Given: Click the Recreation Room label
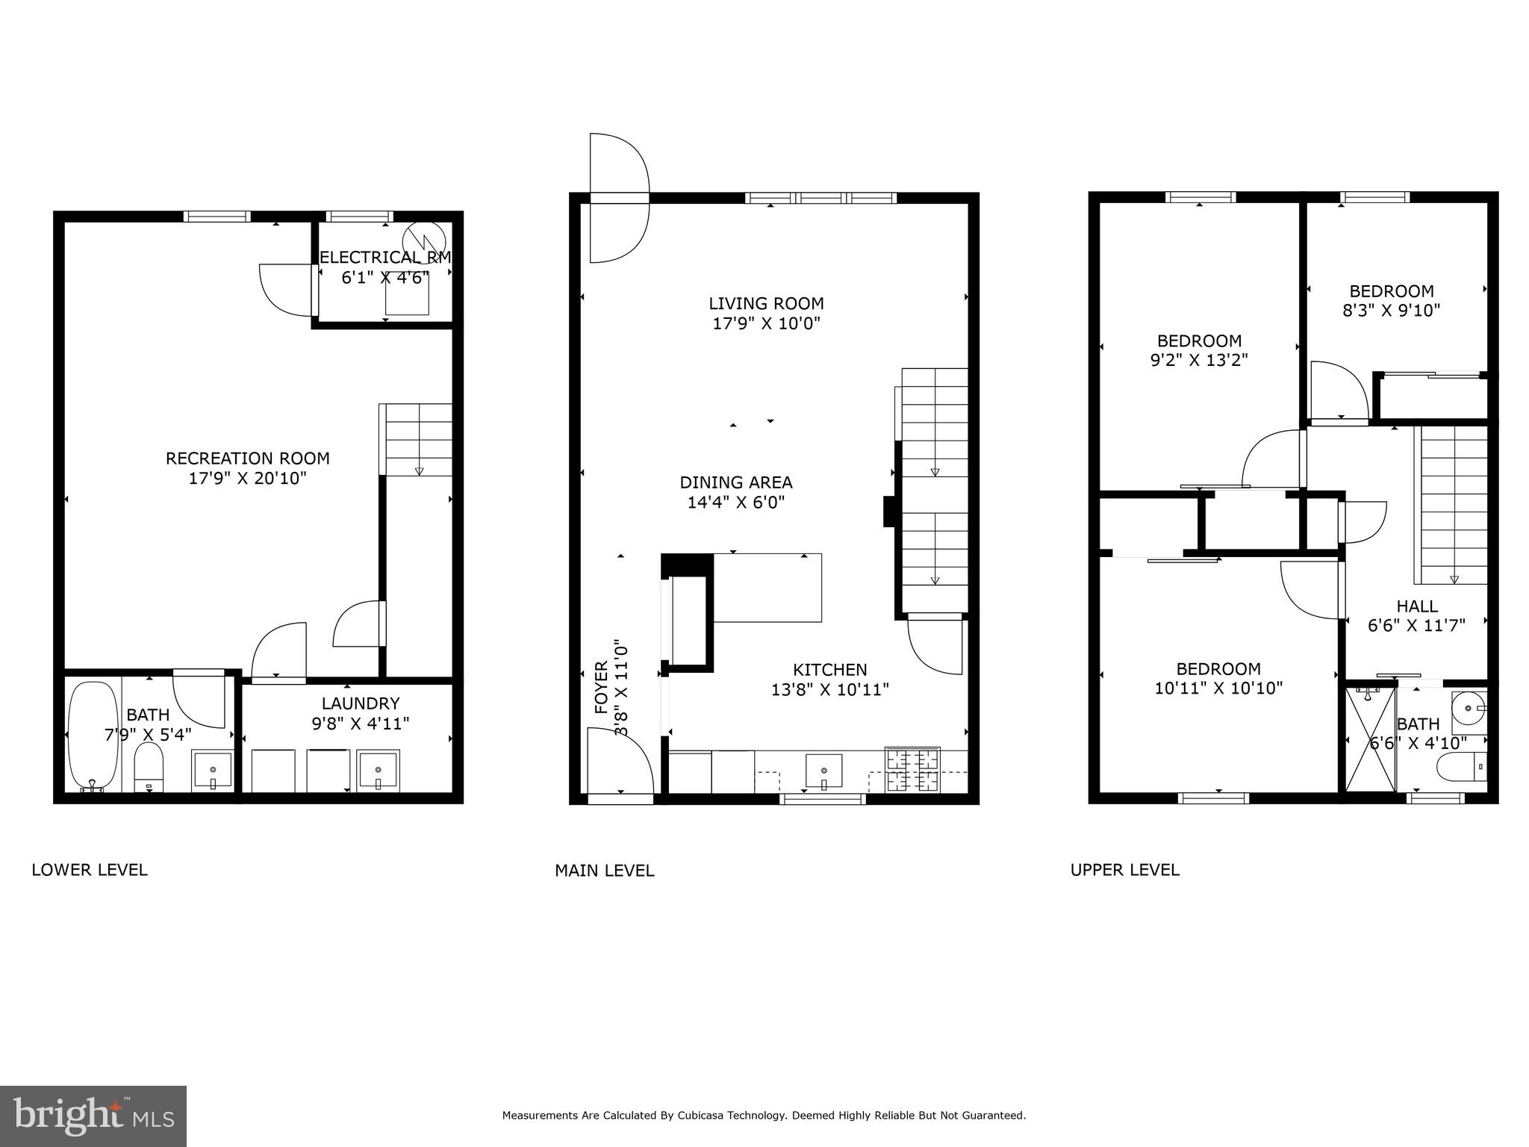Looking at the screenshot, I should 247,458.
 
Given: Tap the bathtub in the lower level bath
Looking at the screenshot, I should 93,735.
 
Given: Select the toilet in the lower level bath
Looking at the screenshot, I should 149,767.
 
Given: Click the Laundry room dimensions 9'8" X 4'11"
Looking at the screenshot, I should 360,723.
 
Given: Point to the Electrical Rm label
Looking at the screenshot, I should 385,258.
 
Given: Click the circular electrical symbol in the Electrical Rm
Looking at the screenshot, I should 423,241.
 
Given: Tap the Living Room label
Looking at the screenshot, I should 766,303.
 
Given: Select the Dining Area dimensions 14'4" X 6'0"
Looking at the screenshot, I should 735,503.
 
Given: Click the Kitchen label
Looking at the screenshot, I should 829,670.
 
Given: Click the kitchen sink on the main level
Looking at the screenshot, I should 823,771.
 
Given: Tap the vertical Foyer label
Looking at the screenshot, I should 602,687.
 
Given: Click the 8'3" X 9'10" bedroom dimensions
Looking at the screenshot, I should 1391,310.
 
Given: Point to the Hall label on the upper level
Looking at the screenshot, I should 1416,606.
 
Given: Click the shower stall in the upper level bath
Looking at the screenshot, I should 1370,739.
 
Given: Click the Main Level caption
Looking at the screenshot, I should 604,871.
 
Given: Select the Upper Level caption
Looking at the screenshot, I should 1124,870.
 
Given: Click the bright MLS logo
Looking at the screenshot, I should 93,1116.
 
